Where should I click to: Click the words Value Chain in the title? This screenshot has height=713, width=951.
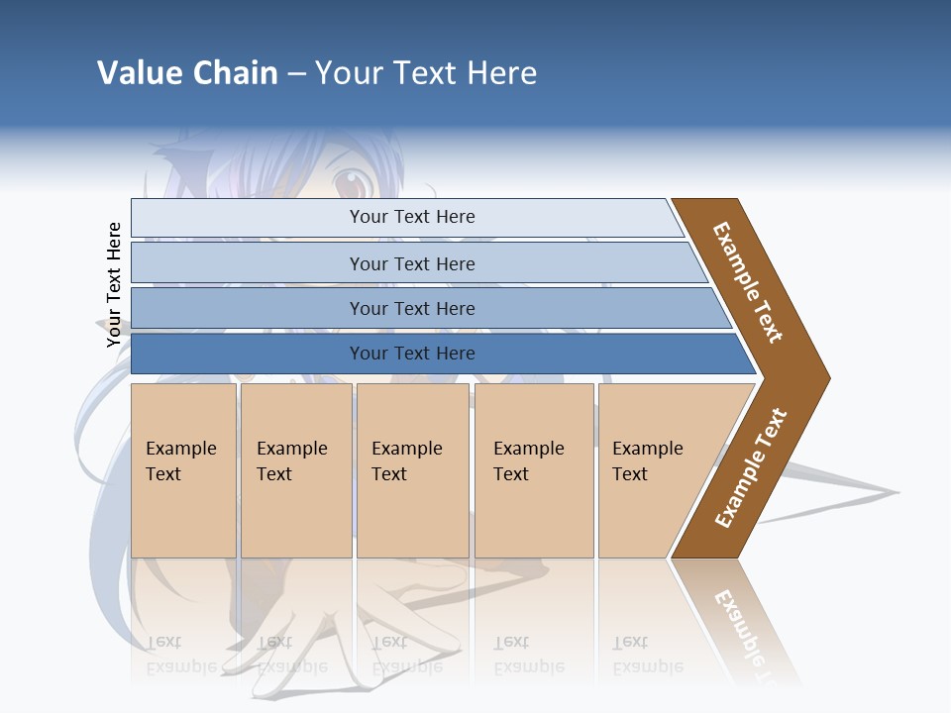click(x=187, y=73)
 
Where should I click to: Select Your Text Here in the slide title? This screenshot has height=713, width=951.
click(x=426, y=73)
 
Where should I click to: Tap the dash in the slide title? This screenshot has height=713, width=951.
click(x=296, y=74)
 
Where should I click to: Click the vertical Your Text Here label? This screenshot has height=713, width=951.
click(x=114, y=285)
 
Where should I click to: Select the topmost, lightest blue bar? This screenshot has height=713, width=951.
click(x=411, y=217)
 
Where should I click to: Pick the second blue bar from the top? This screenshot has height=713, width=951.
click(x=411, y=263)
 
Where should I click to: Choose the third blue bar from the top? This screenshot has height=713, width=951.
click(x=411, y=308)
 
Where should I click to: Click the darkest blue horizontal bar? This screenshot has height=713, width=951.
click(x=411, y=354)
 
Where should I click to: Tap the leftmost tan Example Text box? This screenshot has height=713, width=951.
click(x=183, y=469)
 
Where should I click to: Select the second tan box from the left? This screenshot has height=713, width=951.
click(x=295, y=469)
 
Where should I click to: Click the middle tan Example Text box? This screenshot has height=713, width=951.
click(x=412, y=469)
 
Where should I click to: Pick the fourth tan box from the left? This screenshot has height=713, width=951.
click(x=533, y=469)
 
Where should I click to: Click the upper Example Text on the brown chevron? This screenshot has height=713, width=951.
click(x=748, y=282)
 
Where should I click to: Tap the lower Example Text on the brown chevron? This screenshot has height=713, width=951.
click(x=751, y=467)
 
